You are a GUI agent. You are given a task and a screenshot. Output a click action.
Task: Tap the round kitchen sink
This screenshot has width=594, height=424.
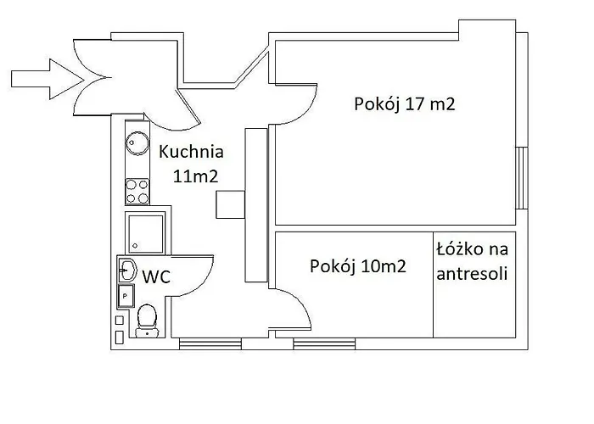[135, 142]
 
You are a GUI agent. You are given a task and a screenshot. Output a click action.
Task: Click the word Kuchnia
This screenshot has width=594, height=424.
[192, 153]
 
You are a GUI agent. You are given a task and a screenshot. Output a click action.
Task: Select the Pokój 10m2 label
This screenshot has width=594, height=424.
[357, 265]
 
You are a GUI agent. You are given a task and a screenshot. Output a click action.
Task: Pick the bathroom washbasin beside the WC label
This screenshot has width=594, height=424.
[128, 271]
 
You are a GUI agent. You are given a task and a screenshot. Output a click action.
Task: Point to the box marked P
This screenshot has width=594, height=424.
[125, 296]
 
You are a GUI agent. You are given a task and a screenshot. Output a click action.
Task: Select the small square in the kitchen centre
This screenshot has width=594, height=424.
[229, 205]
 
